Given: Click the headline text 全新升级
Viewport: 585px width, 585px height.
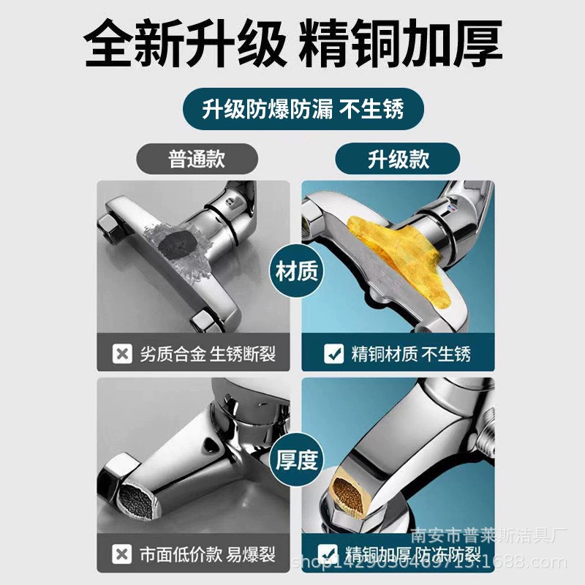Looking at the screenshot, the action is [186, 43].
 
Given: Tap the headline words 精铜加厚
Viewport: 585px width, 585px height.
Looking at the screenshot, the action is [401, 43].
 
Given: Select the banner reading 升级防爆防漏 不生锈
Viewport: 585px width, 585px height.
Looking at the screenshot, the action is [303, 109].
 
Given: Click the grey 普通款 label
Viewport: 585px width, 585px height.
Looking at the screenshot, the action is [197, 159].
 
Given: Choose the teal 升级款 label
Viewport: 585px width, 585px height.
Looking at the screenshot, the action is [398, 159].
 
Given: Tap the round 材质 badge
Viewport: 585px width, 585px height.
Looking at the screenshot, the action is [297, 271].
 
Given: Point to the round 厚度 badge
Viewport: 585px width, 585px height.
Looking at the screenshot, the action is [297, 460].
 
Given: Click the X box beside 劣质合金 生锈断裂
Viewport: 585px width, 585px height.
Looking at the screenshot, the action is [122, 353].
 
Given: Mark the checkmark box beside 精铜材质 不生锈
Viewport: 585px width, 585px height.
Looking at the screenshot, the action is [334, 353].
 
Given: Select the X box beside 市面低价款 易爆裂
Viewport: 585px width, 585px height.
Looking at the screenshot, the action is [121, 554].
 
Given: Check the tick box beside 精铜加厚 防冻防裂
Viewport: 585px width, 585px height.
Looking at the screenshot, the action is [328, 554].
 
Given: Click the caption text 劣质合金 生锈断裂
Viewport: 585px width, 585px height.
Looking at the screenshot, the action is [208, 354].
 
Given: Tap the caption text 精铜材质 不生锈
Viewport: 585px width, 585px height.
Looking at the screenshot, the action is [411, 354].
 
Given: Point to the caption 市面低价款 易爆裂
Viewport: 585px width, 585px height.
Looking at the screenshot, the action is [208, 554].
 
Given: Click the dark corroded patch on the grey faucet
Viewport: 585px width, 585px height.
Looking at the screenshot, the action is [178, 244].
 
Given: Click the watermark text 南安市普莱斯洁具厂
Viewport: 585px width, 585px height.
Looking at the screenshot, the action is [488, 536].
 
